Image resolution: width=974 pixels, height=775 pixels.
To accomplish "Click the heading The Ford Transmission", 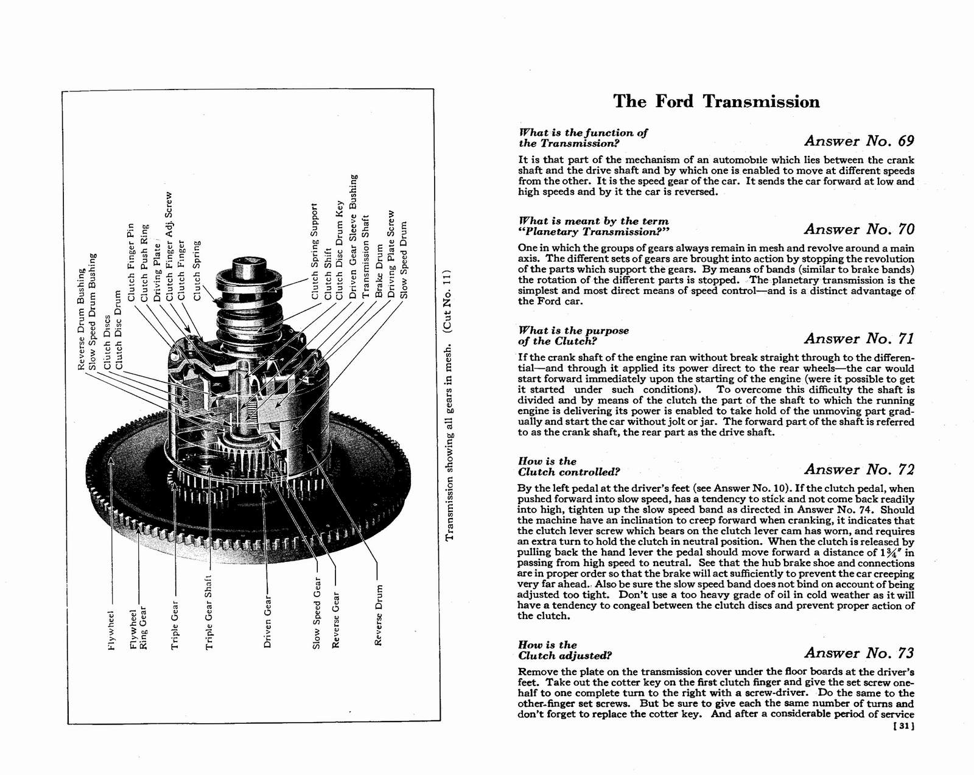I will (x=716, y=101).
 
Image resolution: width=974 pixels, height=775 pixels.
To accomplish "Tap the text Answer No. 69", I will (x=858, y=141).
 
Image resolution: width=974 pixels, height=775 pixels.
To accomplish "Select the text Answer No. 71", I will (x=858, y=338).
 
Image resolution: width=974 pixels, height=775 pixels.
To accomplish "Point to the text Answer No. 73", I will (x=858, y=653).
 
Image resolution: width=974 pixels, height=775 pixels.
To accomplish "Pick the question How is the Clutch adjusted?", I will (x=564, y=650).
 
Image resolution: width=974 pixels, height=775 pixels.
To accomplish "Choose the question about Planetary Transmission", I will (x=593, y=226).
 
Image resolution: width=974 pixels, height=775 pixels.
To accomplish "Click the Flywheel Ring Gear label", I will (x=139, y=628).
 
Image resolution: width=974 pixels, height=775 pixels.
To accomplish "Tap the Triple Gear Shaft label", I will (x=209, y=612).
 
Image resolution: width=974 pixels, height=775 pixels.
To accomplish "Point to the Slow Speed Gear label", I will (x=316, y=619).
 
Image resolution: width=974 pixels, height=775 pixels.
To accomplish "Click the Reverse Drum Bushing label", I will (x=80, y=318).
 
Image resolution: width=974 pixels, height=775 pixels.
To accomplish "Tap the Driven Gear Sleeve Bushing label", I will (x=352, y=236).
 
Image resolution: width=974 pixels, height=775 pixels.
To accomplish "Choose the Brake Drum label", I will (x=379, y=270).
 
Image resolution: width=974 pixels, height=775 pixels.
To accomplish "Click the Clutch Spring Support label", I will (x=315, y=251).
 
